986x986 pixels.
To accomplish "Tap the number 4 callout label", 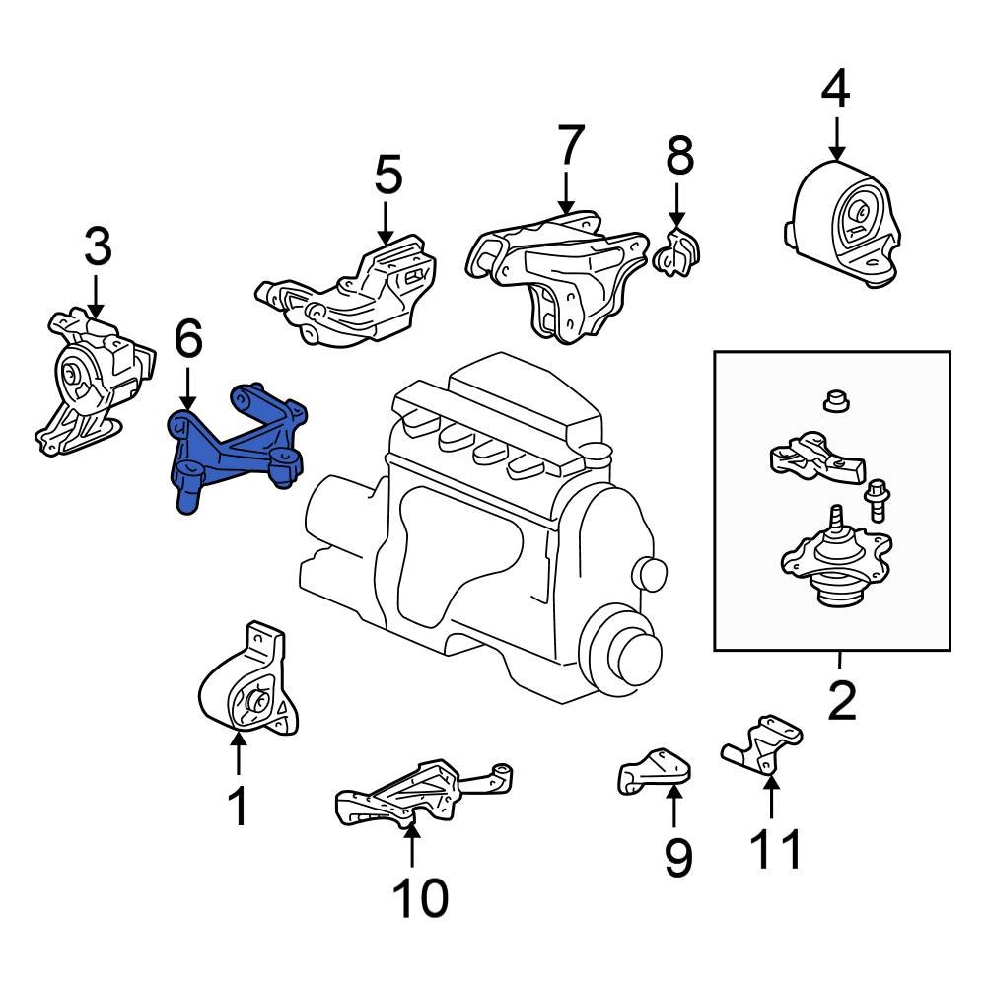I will pos(835,91).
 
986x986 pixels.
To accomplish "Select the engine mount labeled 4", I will pos(847,226).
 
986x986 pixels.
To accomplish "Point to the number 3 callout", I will pos(98,248).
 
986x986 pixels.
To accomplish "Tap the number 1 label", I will pos(238,806).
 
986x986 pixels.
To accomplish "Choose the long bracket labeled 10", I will pos(414,795).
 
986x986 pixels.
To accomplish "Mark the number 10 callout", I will pos(419,897).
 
